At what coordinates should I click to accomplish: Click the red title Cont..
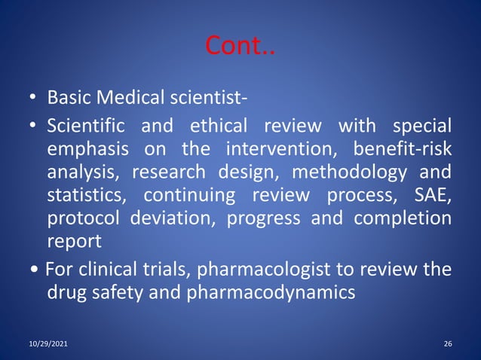click(240, 46)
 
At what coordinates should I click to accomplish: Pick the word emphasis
click(85, 148)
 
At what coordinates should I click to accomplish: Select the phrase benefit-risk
click(403, 148)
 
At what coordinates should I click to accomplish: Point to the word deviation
click(181, 221)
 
